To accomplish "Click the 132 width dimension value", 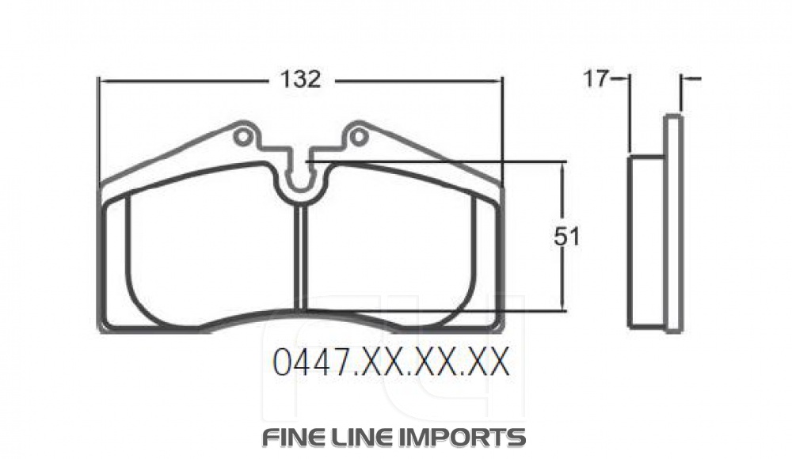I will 300,79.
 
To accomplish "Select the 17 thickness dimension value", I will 596,78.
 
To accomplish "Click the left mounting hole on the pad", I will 244,138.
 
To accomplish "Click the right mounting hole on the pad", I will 359,138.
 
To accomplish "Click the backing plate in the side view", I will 673,222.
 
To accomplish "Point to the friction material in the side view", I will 646,241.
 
